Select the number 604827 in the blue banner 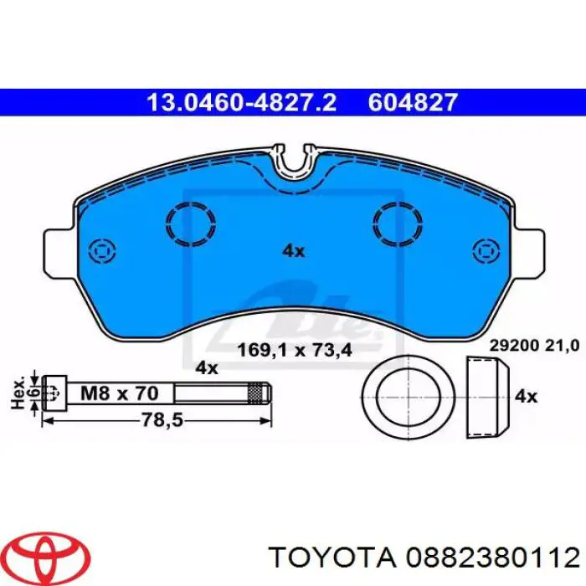click(x=414, y=102)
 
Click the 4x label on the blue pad click(x=293, y=249)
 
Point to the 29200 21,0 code click(x=533, y=343)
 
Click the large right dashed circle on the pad click(x=399, y=223)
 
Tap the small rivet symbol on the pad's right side click(x=485, y=250)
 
